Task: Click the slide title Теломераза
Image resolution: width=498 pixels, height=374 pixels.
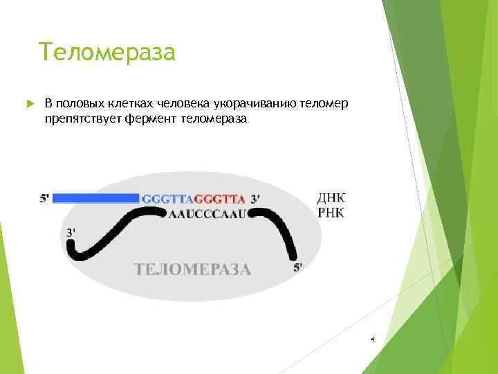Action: click(x=107, y=52)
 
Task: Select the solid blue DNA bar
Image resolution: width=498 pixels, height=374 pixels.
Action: click(x=95, y=198)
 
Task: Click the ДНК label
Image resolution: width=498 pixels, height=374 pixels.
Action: click(x=331, y=197)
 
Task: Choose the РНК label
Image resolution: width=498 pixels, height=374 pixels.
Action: click(x=331, y=213)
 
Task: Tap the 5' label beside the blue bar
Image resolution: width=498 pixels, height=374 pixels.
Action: click(x=44, y=198)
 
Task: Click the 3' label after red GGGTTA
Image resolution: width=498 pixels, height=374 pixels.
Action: click(x=255, y=199)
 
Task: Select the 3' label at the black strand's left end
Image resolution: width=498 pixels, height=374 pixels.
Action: click(x=71, y=233)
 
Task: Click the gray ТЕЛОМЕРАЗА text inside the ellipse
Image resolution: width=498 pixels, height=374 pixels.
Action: click(x=192, y=269)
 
